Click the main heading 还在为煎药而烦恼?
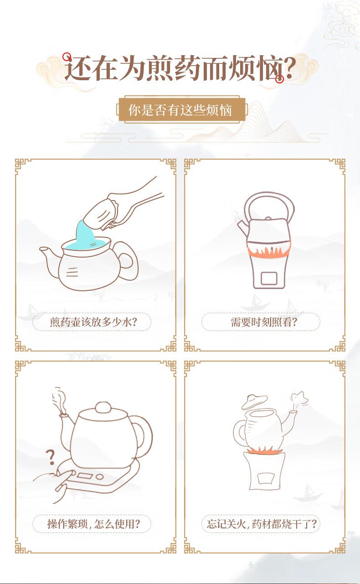pyautogui.click(x=180, y=68)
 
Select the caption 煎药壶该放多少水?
pyautogui.click(x=93, y=322)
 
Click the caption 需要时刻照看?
pyautogui.click(x=263, y=322)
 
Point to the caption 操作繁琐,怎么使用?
pyautogui.click(x=93, y=524)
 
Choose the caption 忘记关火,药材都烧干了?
pyautogui.click(x=262, y=524)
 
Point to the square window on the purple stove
pyautogui.click(x=269, y=279)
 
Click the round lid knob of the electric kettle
pyautogui.click(x=103, y=407)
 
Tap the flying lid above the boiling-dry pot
pyautogui.click(x=254, y=402)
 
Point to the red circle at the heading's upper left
pyautogui.click(x=67, y=57)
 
